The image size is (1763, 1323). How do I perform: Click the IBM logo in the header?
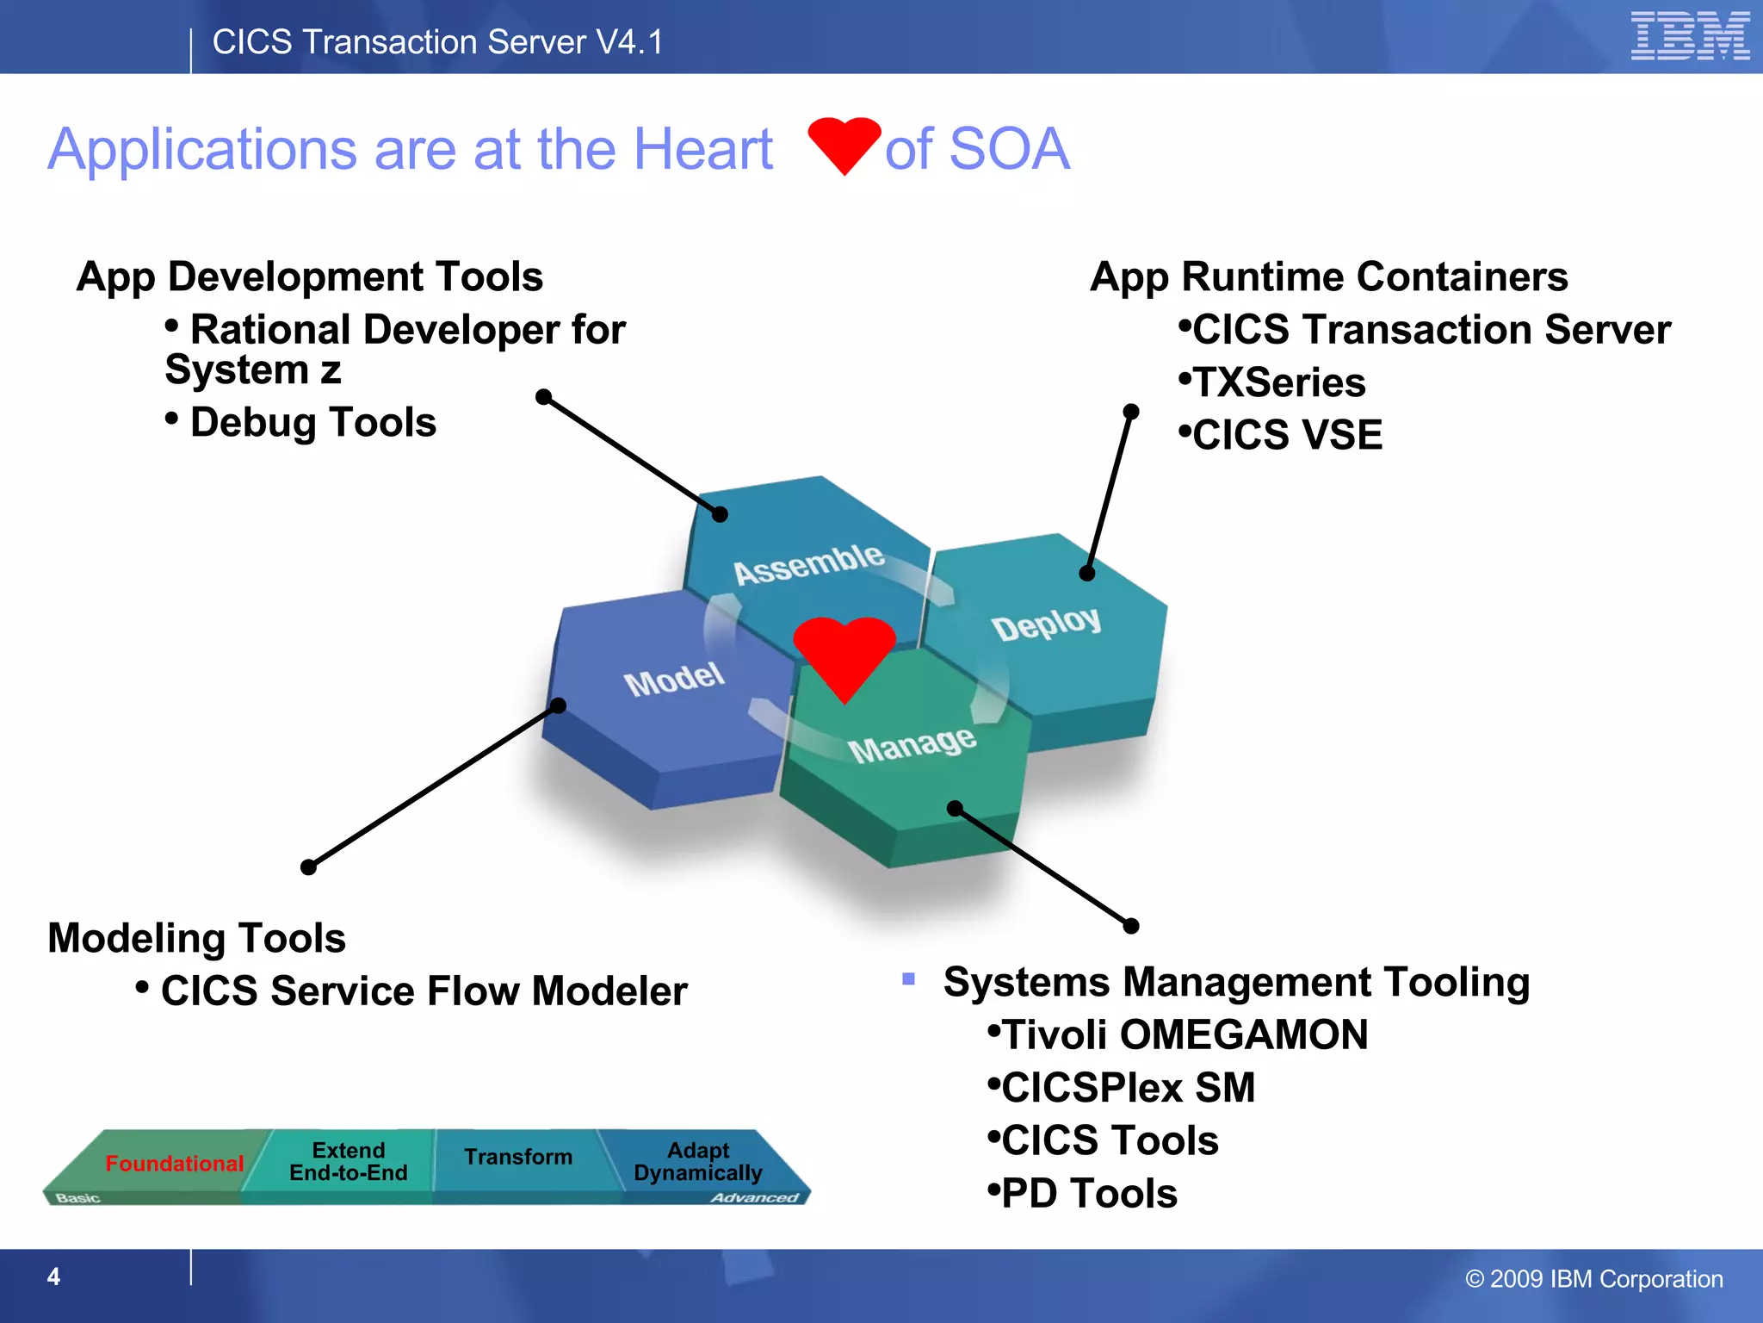pos(1689,36)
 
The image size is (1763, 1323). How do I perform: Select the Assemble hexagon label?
pos(808,564)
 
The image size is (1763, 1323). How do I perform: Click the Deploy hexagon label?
pos(1046,623)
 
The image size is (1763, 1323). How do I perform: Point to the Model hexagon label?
pos(674,679)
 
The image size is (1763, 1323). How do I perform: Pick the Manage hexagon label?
pos(912,743)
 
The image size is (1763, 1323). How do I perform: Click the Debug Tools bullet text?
pos(312,423)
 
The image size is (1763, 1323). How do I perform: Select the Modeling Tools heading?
pos(196,938)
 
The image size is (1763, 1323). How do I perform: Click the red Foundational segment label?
pos(174,1164)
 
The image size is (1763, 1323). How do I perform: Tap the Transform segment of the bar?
pos(518,1157)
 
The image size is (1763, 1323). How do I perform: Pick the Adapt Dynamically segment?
pos(697,1162)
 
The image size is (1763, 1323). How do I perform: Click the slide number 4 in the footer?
pos(53,1276)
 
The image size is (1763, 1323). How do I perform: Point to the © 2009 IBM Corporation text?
pos(1593,1279)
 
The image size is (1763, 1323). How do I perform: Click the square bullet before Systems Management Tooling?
pos(908,978)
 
